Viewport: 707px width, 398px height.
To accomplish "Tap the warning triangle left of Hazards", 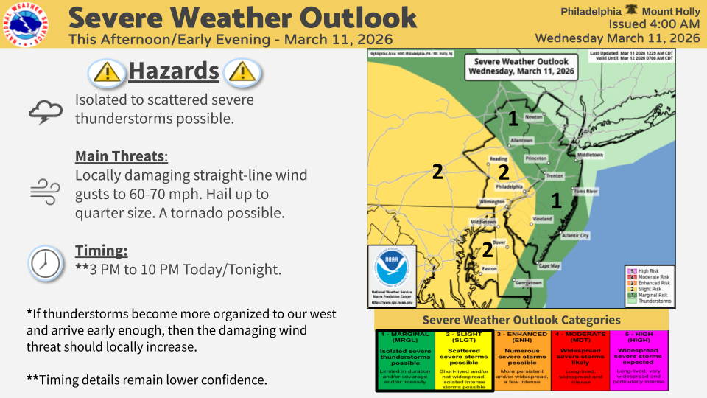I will pos(107,71).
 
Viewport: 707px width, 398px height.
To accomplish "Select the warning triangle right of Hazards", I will pos(242,71).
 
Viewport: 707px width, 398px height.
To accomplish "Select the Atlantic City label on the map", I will pos(575,236).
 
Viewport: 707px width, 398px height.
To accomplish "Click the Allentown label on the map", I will pos(521,139).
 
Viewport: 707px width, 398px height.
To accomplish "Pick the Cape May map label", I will pos(549,265).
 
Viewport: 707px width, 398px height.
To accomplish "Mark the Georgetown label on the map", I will pos(528,283).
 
